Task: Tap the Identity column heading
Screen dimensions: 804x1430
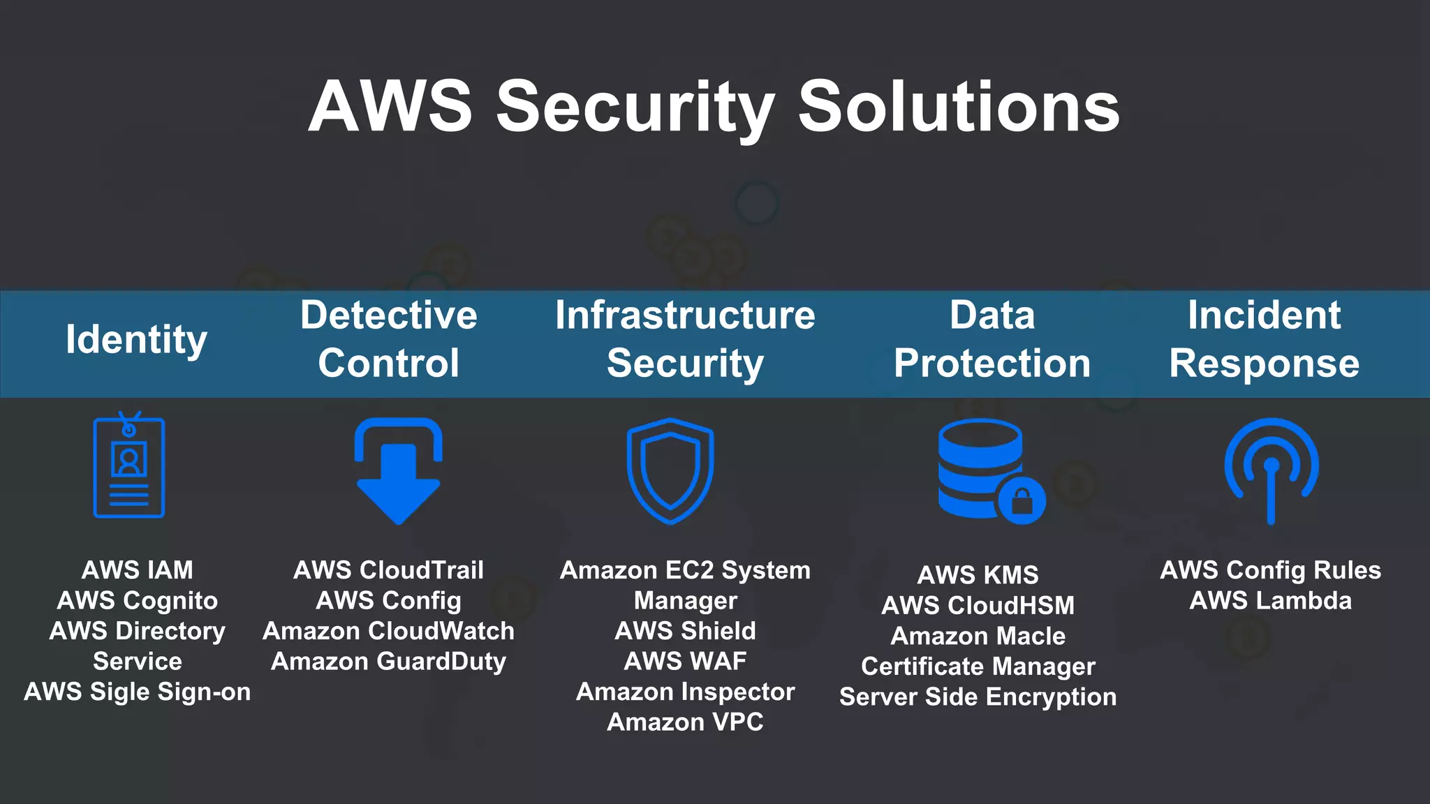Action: pos(136,340)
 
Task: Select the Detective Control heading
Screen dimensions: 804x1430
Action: pos(389,339)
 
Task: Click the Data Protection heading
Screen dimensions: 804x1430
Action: pos(992,339)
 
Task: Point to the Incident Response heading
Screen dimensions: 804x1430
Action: pos(1264,339)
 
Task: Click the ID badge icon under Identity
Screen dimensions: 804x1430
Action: pos(129,466)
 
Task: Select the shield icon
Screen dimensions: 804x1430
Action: pos(670,471)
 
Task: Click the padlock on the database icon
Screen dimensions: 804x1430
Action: pos(1022,500)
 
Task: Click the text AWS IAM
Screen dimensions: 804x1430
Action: pos(138,570)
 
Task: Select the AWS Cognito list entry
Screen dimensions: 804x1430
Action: pos(138,601)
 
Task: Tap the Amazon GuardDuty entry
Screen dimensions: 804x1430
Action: pos(388,662)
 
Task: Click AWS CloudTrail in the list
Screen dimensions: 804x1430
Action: pos(388,570)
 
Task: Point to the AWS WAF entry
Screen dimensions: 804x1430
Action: pos(685,661)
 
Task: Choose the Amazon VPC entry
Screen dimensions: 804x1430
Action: pos(685,722)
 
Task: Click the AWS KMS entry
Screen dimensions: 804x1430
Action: pos(978,575)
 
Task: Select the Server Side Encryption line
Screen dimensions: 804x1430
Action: pos(978,697)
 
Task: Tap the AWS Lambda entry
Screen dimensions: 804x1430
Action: pos(1270,601)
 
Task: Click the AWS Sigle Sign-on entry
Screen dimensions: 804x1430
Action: pos(138,692)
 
